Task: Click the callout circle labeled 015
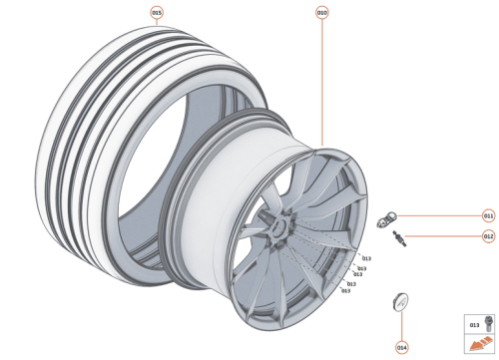click(156, 13)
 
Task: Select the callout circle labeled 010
click(321, 13)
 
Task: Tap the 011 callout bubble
click(488, 215)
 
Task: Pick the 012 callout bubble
click(488, 236)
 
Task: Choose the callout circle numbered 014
click(401, 347)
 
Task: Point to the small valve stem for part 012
click(401, 237)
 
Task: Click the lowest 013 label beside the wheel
click(345, 291)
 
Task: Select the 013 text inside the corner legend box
click(474, 324)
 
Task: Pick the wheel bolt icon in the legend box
click(487, 323)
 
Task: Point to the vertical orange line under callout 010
click(321, 80)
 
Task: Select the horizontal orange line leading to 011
click(444, 215)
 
